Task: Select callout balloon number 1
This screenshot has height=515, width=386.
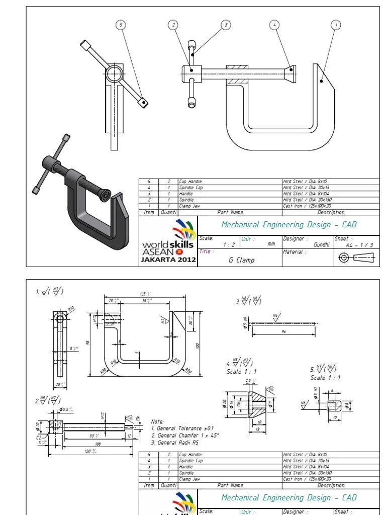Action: pyautogui.click(x=336, y=24)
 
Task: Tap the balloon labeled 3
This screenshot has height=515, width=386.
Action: pyautogui.click(x=226, y=24)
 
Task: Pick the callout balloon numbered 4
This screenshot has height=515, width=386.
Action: pyautogui.click(x=274, y=24)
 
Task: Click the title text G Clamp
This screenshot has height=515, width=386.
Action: pyautogui.click(x=241, y=260)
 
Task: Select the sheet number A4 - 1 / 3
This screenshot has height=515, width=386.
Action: pyautogui.click(x=359, y=245)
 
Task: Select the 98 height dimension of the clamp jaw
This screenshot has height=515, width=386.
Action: pyautogui.click(x=87, y=342)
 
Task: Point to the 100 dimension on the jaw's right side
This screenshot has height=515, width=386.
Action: pyautogui.click(x=198, y=346)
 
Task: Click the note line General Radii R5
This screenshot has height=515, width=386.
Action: pyautogui.click(x=181, y=443)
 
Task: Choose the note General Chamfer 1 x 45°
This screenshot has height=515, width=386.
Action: pyautogui.click(x=185, y=436)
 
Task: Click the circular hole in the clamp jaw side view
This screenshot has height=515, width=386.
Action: pyautogui.click(x=60, y=318)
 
